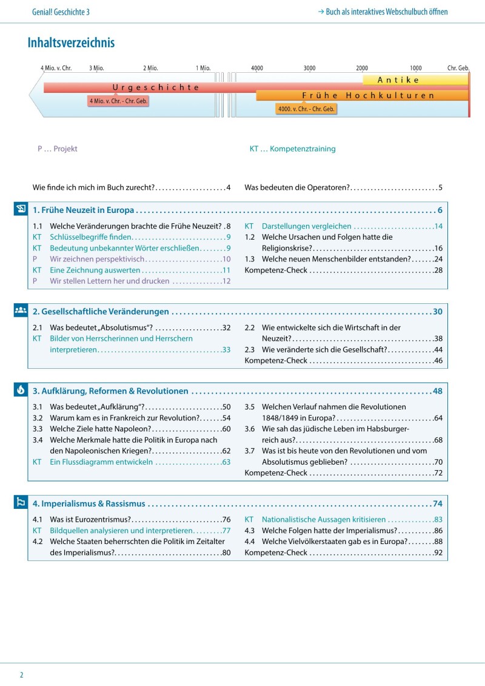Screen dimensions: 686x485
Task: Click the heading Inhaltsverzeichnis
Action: click(x=71, y=43)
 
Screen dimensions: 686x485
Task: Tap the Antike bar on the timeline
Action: click(x=398, y=80)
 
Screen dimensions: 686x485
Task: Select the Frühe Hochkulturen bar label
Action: click(x=368, y=96)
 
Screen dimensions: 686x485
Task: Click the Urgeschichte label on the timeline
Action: click(x=156, y=87)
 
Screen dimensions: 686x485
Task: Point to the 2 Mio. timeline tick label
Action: click(x=150, y=68)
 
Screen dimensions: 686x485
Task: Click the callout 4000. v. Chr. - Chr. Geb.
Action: click(x=306, y=109)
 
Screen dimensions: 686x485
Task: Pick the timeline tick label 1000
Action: click(x=415, y=68)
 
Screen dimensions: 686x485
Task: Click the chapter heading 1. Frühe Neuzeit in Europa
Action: click(x=84, y=210)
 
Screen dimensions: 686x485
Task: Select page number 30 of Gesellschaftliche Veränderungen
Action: click(x=438, y=312)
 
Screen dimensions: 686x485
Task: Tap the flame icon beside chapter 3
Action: click(x=21, y=391)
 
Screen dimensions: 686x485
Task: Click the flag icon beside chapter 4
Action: click(x=21, y=503)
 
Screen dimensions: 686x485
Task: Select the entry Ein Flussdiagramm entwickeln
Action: click(x=101, y=462)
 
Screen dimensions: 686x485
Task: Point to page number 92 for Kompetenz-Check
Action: click(x=438, y=553)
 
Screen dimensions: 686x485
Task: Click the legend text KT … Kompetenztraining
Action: click(x=292, y=149)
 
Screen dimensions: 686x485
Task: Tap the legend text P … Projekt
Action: click(x=58, y=149)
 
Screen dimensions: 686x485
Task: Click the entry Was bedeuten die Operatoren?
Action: click(x=298, y=188)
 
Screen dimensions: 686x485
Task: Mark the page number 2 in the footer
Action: click(x=21, y=674)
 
